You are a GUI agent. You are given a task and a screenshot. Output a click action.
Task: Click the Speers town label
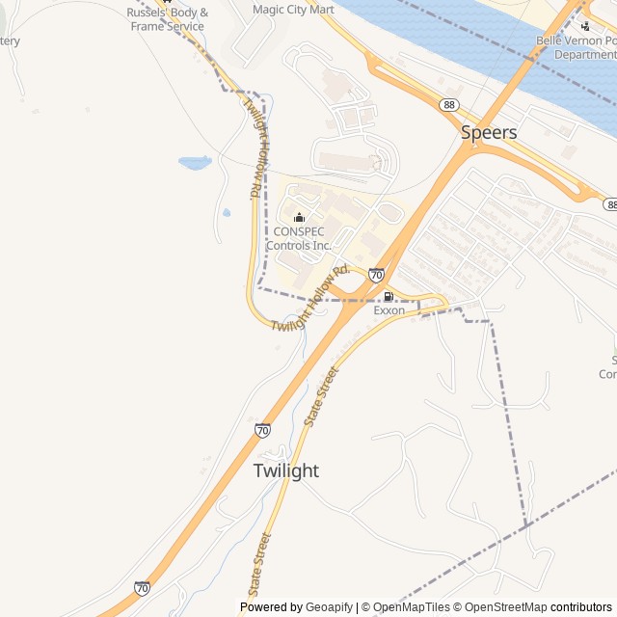[489, 132]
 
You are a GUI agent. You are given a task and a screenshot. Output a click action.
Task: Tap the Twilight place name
[286, 470]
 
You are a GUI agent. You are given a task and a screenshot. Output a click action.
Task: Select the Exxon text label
[389, 310]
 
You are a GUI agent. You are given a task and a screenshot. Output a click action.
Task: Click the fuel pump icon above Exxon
[389, 296]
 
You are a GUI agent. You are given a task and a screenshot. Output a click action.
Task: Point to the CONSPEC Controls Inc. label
[299, 238]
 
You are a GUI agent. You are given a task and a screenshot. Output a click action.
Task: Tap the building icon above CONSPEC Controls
[299, 217]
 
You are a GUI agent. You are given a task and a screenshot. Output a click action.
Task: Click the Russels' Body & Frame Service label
[167, 19]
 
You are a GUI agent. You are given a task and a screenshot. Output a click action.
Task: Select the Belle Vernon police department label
[576, 48]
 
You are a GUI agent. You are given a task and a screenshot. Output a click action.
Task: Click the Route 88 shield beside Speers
[449, 104]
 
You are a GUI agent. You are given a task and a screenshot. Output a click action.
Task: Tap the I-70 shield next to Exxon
[376, 275]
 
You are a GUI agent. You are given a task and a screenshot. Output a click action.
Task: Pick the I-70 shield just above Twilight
[262, 430]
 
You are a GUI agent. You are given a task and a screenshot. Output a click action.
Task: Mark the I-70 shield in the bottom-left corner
[142, 587]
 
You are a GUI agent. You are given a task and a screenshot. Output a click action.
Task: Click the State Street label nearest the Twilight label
[322, 396]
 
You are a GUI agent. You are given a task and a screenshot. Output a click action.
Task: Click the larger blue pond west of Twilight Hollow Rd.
[195, 163]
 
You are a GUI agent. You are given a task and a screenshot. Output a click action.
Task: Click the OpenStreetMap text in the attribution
[501, 607]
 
